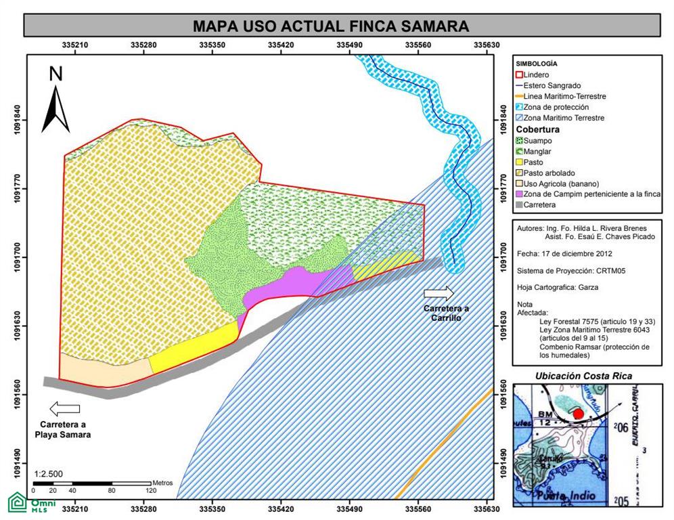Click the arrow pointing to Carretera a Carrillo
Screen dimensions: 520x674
[x=439, y=293]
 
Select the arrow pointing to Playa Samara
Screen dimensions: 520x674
[x=65, y=409]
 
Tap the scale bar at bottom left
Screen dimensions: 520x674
[x=91, y=482]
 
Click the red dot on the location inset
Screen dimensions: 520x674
[x=577, y=414]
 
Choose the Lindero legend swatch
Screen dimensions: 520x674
[x=520, y=74]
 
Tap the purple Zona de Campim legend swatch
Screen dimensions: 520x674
[x=520, y=194]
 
